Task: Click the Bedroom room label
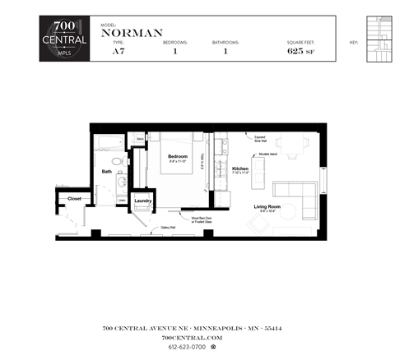pyautogui.click(x=178, y=156)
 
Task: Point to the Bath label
pyautogui.click(x=107, y=172)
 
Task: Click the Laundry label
pyautogui.click(x=143, y=201)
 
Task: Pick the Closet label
pyautogui.click(x=74, y=199)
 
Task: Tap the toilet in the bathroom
pyautogui.click(x=118, y=159)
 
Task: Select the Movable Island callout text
pyautogui.click(x=267, y=153)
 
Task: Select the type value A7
pyautogui.click(x=118, y=51)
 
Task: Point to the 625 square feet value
pyautogui.click(x=295, y=51)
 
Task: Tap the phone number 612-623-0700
pyautogui.click(x=188, y=347)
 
